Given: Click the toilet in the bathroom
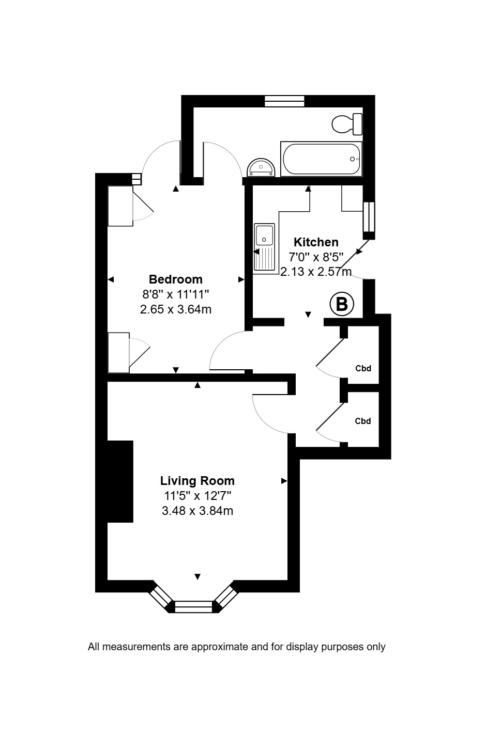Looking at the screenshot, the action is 347,124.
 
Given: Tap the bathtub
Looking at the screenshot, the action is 321,159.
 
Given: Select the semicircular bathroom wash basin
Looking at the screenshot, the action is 261,168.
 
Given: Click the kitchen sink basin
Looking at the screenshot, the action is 265,235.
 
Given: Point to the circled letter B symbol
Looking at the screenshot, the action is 342,305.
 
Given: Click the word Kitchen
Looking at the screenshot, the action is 316,242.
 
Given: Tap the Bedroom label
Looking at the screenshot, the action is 176,279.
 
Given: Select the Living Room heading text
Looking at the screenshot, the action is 197,481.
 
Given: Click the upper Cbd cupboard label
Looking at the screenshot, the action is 363,368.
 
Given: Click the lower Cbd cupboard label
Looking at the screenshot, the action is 363,421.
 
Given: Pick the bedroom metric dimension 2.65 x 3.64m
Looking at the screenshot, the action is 176,309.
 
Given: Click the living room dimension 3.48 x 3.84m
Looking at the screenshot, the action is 197,511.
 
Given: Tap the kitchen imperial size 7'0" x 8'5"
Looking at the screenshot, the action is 316,257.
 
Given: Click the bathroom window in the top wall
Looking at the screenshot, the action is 284,101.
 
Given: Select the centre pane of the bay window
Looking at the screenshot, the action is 193,607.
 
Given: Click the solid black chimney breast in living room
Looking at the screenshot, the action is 120,481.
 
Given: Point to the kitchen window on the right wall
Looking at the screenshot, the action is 369,217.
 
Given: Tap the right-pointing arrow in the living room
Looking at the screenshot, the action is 284,481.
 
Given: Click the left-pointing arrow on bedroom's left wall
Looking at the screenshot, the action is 111,279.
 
